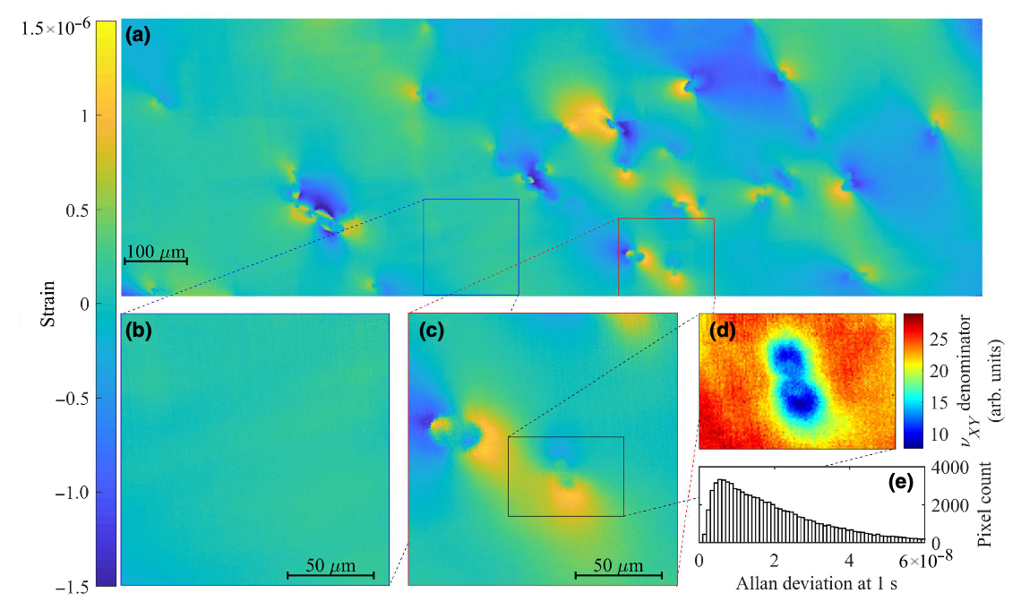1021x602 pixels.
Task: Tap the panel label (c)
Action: (433, 331)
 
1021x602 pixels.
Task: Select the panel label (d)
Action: (722, 331)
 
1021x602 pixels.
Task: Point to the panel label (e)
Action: (900, 482)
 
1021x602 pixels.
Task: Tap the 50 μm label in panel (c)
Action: (617, 565)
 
